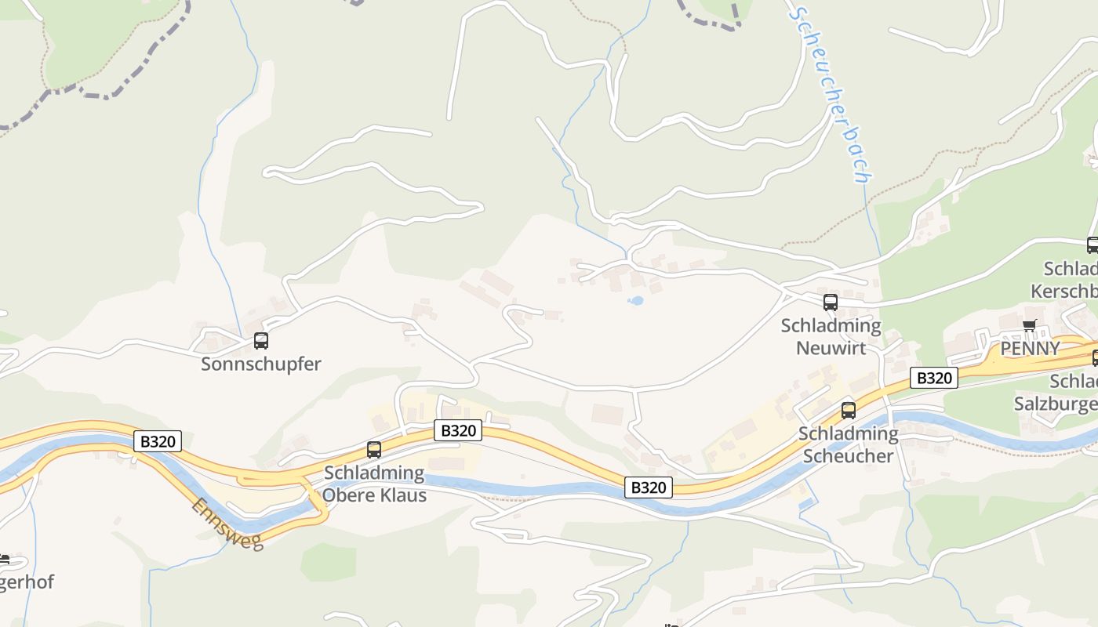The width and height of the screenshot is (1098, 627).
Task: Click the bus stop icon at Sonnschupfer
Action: coord(261,341)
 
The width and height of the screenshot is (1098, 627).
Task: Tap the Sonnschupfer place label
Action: coord(261,364)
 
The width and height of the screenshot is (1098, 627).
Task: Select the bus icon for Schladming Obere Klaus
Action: coord(374,450)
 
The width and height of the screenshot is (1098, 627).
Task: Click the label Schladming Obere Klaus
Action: coord(375,484)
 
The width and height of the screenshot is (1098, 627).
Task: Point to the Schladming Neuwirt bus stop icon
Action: coord(831,302)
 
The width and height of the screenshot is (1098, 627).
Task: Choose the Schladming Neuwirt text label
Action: coord(831,336)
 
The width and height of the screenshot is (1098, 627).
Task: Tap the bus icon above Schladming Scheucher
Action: coord(848,410)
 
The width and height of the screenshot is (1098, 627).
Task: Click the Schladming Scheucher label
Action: coord(848,444)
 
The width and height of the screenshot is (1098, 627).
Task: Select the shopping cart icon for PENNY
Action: coord(1029,326)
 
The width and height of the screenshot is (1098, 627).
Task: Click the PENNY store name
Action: coord(1029,349)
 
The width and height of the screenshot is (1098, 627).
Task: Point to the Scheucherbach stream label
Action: coord(831,94)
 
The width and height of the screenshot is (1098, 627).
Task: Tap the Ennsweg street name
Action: coord(227,524)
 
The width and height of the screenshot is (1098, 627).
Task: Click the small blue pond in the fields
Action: coord(636,300)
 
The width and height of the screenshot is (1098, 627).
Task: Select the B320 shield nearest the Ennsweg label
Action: coord(158,441)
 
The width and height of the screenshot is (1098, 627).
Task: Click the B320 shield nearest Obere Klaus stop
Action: coord(458,430)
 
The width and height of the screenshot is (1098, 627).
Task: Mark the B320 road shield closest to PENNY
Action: coord(934,378)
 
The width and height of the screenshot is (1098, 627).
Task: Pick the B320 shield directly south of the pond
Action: coord(649,487)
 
